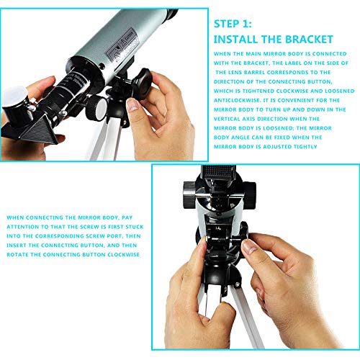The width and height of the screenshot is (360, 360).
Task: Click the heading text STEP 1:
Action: [x=235, y=24]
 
